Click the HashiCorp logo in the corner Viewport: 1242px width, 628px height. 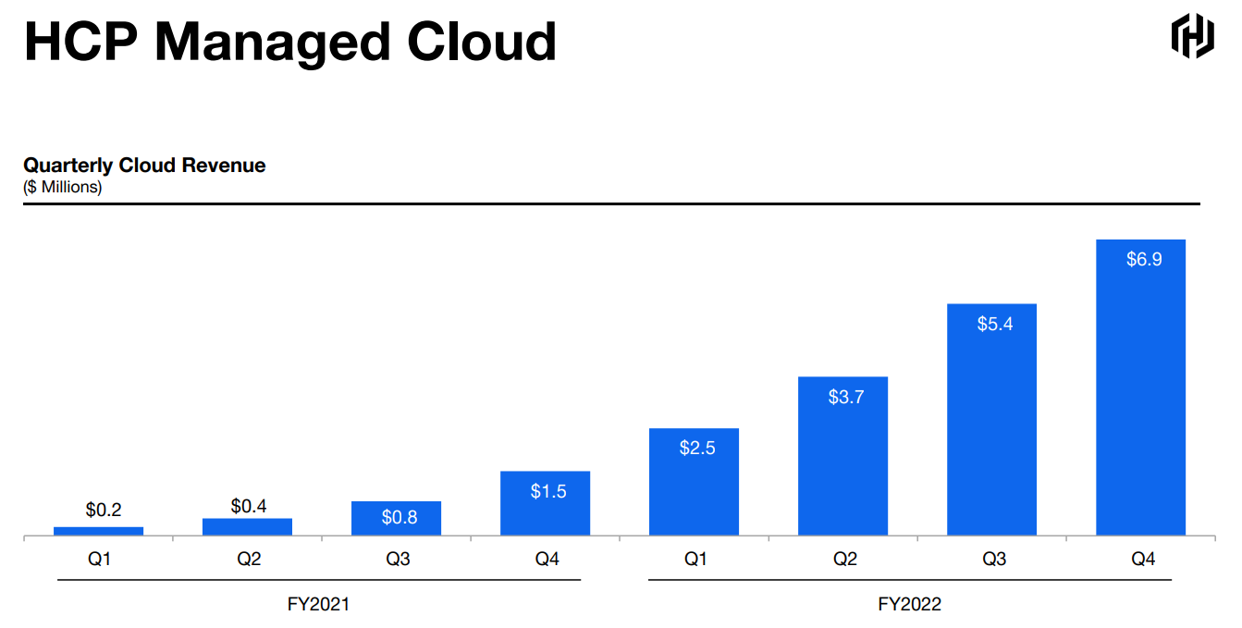click(x=1192, y=36)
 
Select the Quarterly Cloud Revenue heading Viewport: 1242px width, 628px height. click(x=144, y=166)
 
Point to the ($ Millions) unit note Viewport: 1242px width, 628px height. click(x=63, y=187)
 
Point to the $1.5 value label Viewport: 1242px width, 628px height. click(x=547, y=492)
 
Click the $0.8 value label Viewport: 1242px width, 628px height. click(x=399, y=518)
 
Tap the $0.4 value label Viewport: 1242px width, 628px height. click(x=249, y=506)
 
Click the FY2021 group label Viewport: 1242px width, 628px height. click(x=319, y=605)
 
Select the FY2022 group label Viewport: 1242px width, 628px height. click(x=909, y=605)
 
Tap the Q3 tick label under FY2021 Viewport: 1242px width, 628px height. click(x=399, y=560)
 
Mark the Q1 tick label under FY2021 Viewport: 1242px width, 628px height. click(x=100, y=560)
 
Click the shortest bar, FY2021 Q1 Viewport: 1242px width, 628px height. click(x=99, y=531)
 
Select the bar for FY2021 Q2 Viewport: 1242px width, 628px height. click(x=248, y=526)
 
